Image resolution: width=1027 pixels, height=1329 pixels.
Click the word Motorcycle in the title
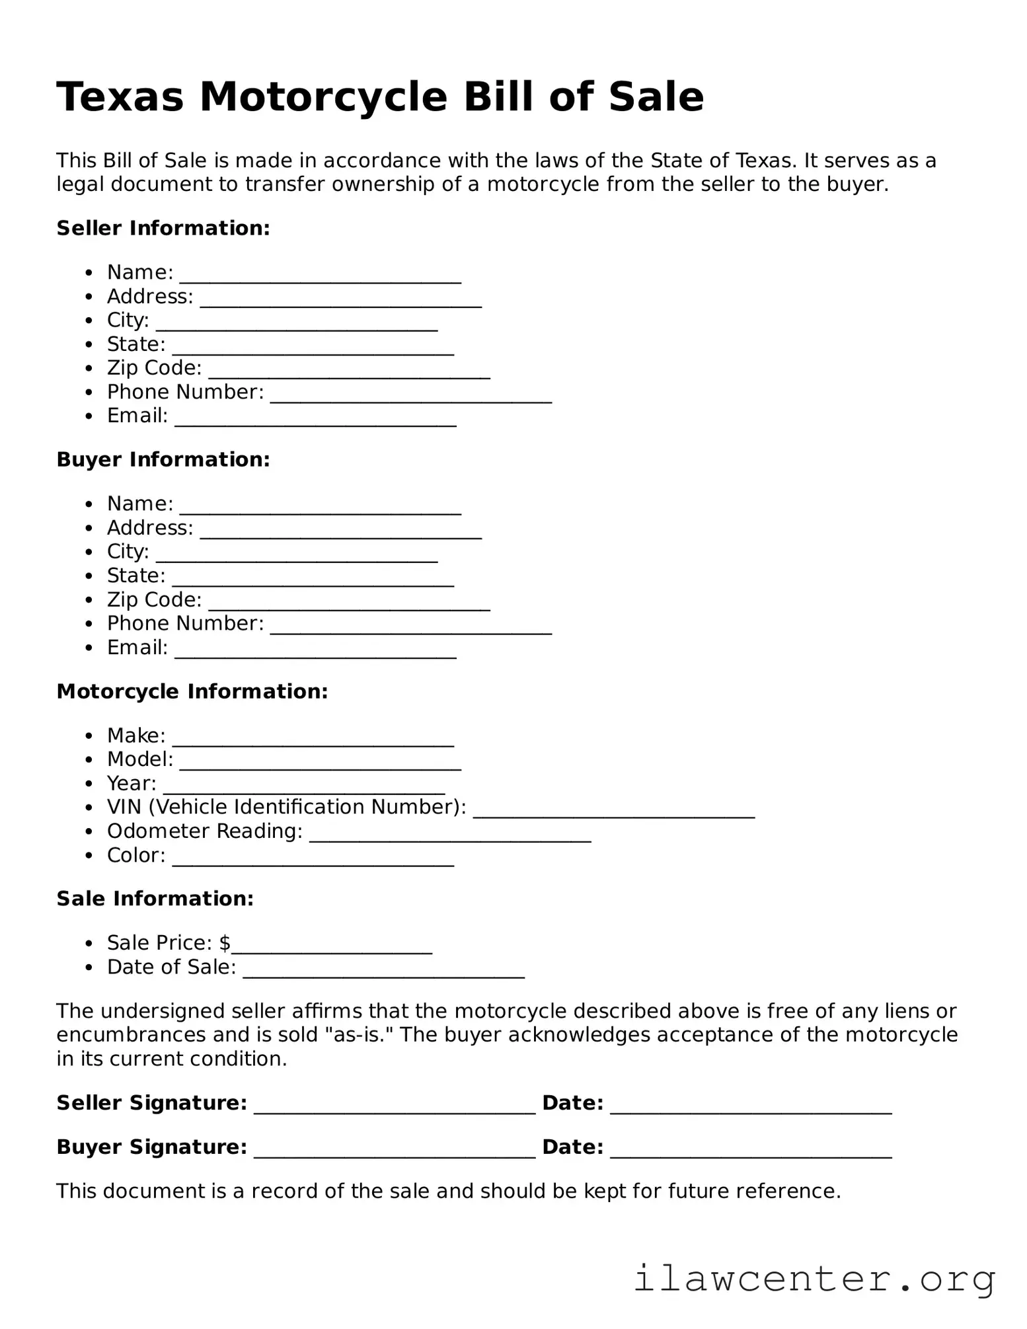[324, 97]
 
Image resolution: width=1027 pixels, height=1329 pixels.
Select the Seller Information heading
[163, 228]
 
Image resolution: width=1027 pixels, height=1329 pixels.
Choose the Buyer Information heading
[163, 459]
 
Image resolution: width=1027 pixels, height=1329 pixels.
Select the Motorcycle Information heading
[192, 691]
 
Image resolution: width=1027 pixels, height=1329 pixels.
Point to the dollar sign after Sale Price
[225, 943]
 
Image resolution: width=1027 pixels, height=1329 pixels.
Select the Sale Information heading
[155, 899]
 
